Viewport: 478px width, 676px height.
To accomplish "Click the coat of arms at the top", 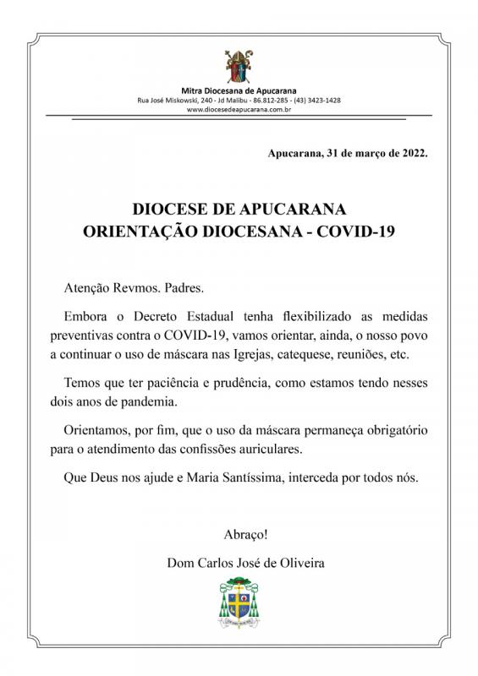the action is [239, 66].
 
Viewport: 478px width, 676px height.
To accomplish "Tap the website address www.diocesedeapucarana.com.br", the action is [239, 109].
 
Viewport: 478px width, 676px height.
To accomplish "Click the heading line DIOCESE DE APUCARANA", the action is [239, 208].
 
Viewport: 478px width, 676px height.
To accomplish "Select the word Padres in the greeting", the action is [184, 287].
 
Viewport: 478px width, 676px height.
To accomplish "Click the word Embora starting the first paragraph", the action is [87, 315].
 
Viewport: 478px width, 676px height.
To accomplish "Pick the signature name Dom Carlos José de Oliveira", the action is [239, 561].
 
